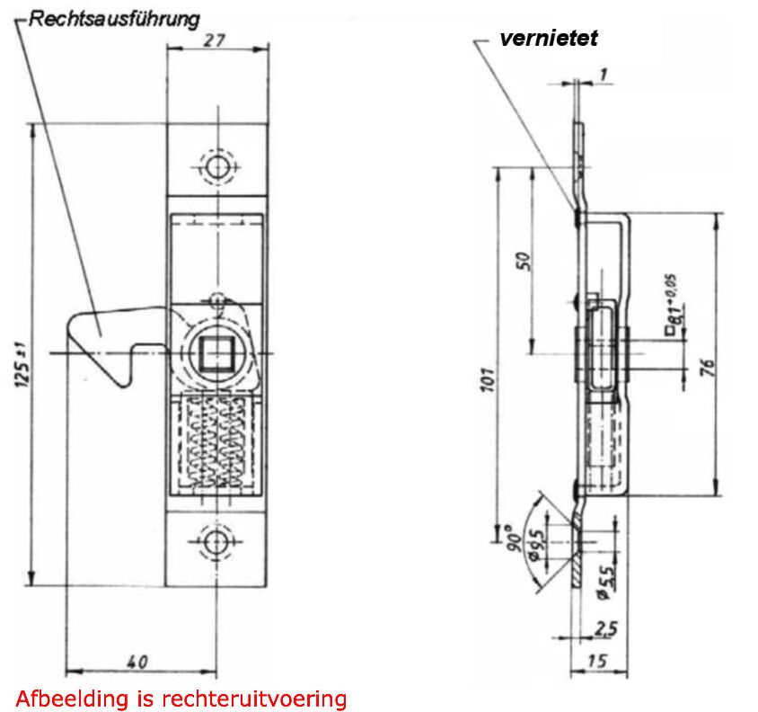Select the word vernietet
[x=549, y=38]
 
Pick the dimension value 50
[x=524, y=260]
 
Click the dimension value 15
[x=595, y=662]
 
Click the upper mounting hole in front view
[x=216, y=167]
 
